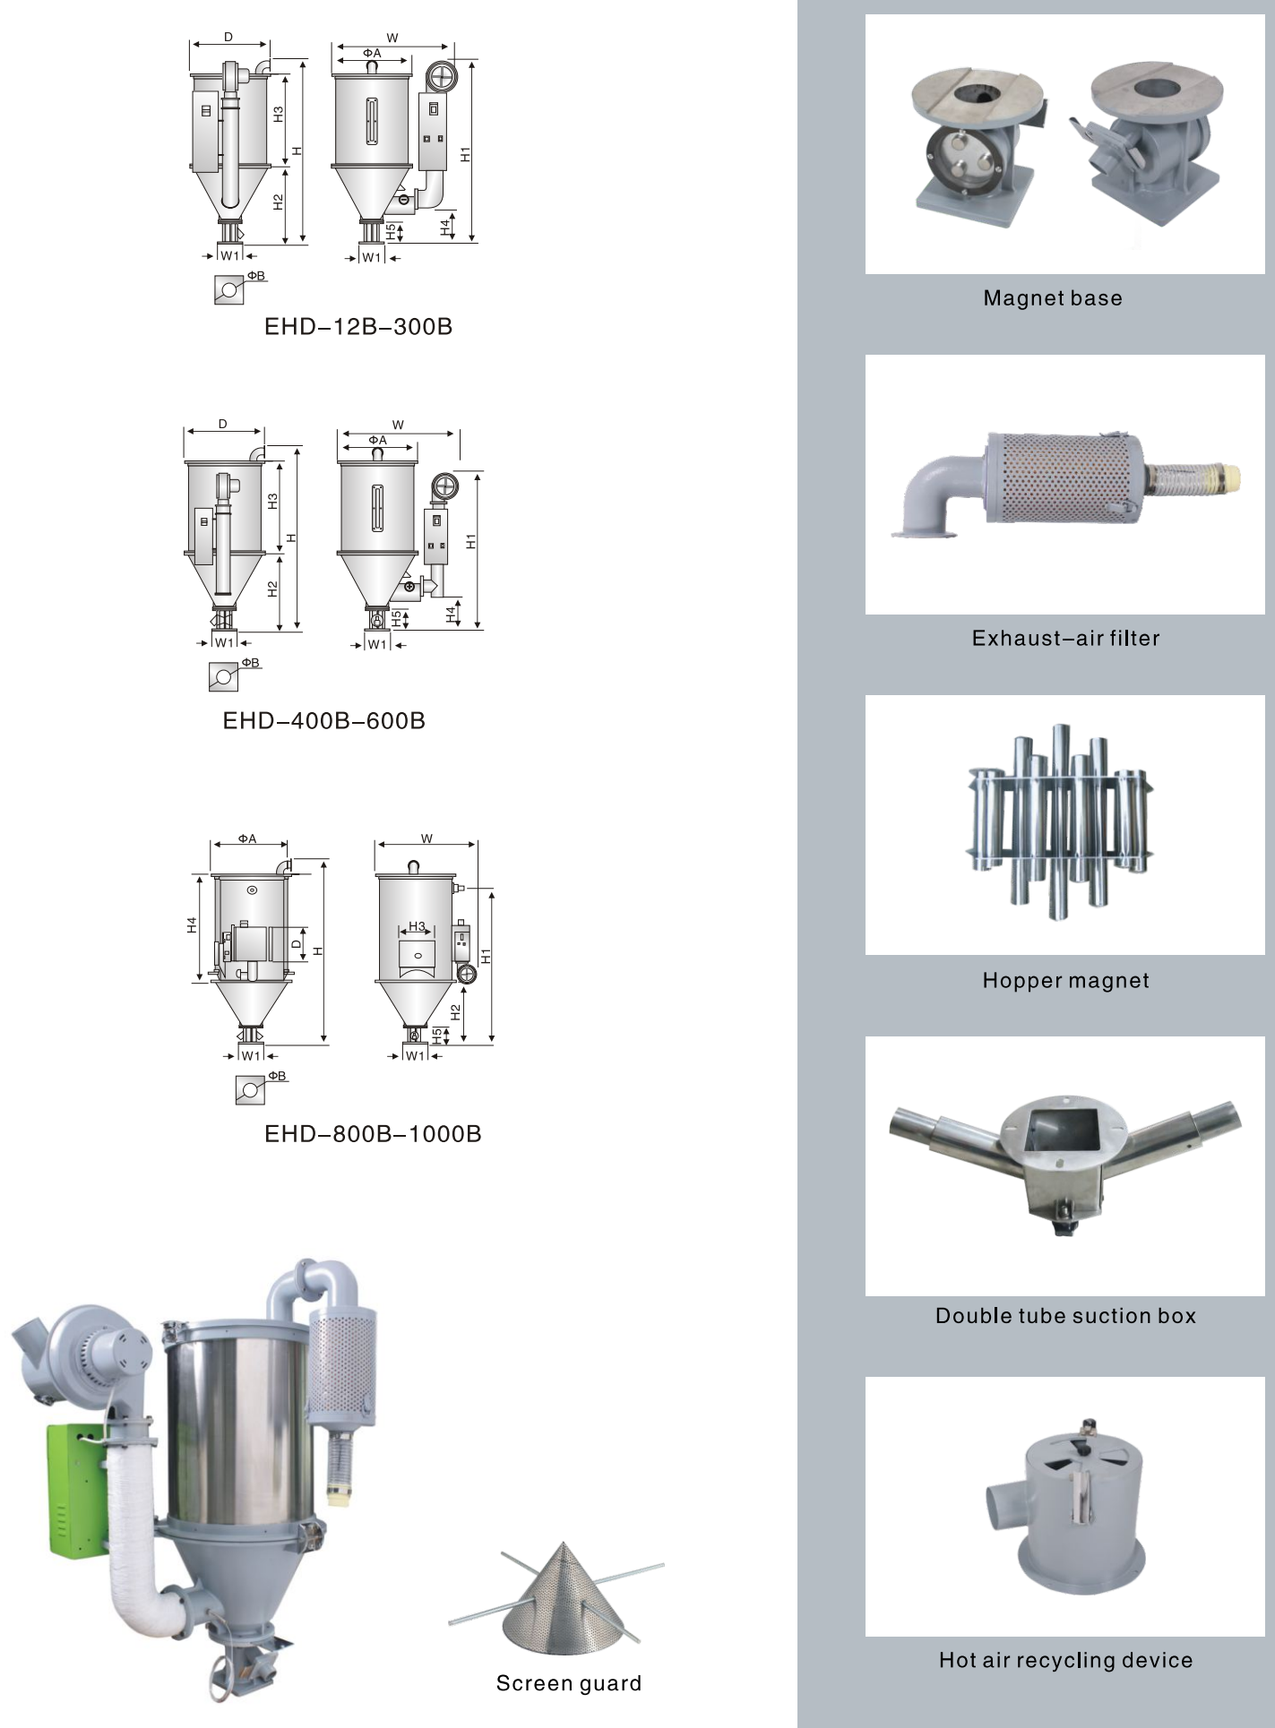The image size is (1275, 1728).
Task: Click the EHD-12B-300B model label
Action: pos(358,327)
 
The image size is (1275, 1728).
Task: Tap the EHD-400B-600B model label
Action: pos(324,721)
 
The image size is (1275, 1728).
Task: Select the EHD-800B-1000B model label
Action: pos(373,1134)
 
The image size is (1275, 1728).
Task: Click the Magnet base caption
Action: pos(1053,298)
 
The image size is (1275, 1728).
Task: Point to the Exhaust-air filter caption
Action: pos(1065,639)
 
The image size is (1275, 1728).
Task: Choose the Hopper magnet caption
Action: pos(1065,981)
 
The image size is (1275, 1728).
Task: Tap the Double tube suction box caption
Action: pos(1065,1316)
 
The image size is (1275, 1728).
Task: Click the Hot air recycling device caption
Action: pos(1065,1661)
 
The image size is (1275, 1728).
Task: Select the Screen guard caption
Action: pos(569,1684)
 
